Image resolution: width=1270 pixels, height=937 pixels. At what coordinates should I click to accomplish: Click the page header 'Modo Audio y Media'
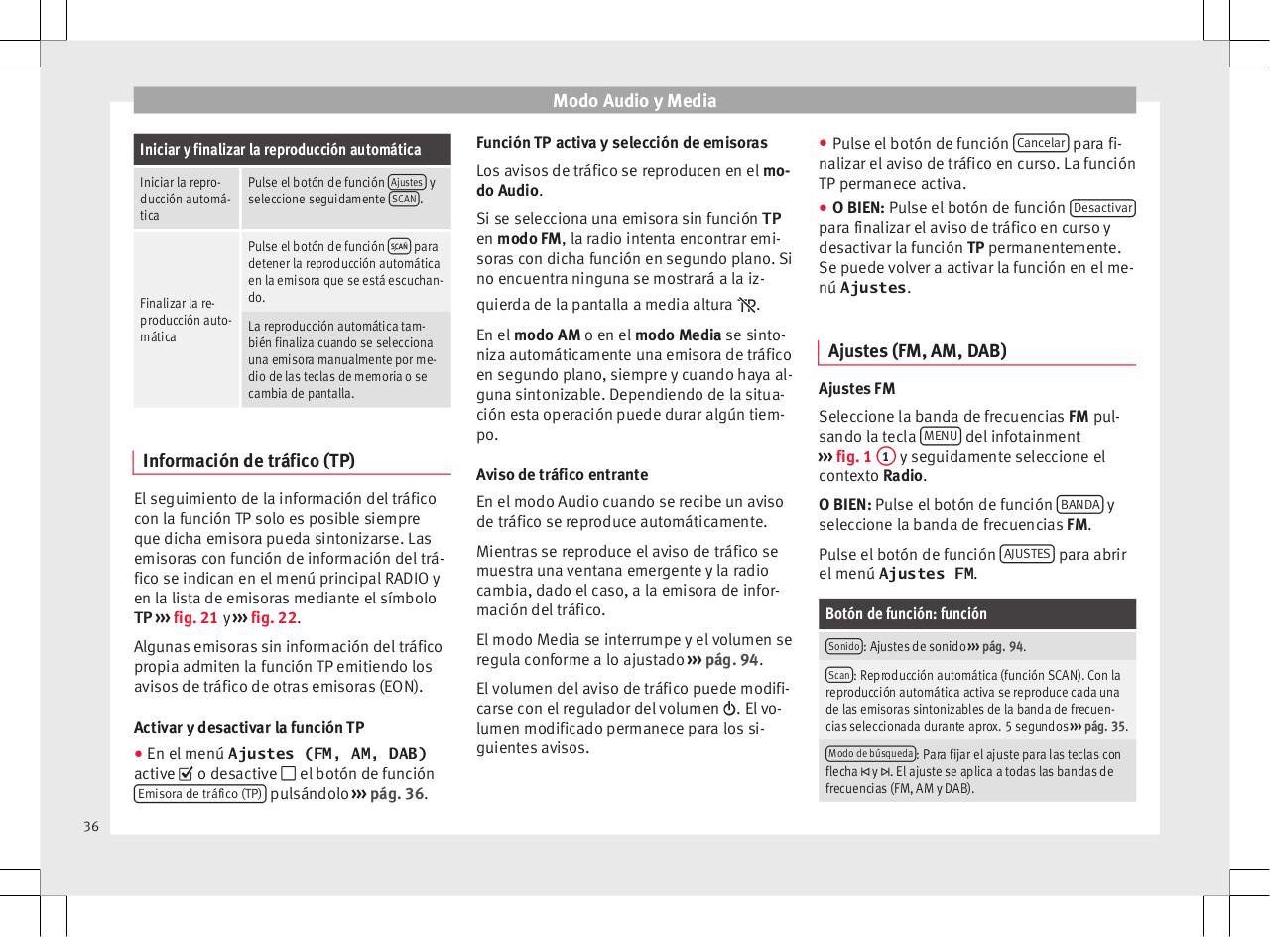634,101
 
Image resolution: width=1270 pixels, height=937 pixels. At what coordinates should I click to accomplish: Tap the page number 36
91,826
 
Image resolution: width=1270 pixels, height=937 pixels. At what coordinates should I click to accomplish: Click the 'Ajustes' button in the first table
407,182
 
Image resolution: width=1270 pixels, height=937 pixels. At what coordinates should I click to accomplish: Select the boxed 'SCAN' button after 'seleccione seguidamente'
404,199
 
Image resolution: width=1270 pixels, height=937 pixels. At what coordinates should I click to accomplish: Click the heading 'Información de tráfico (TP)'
248,461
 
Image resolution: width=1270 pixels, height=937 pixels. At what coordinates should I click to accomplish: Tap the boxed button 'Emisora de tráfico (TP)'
199,794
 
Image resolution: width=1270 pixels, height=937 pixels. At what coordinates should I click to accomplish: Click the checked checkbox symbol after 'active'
186,774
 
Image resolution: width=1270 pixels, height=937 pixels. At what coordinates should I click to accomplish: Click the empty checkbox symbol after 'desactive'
288,774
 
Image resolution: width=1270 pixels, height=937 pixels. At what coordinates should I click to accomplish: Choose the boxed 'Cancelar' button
1042,143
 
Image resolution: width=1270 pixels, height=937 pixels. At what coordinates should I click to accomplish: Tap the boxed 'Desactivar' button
1103,207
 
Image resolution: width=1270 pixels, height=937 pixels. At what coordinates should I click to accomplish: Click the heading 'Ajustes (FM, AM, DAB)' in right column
917,350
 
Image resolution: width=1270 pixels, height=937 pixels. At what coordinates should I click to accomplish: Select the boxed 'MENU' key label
940,436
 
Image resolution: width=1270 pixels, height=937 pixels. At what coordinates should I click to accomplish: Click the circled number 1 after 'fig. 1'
888,456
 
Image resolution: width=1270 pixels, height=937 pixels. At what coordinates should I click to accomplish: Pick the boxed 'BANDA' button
1079,504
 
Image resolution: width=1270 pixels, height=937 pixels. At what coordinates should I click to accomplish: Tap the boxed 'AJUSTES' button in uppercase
1027,554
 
